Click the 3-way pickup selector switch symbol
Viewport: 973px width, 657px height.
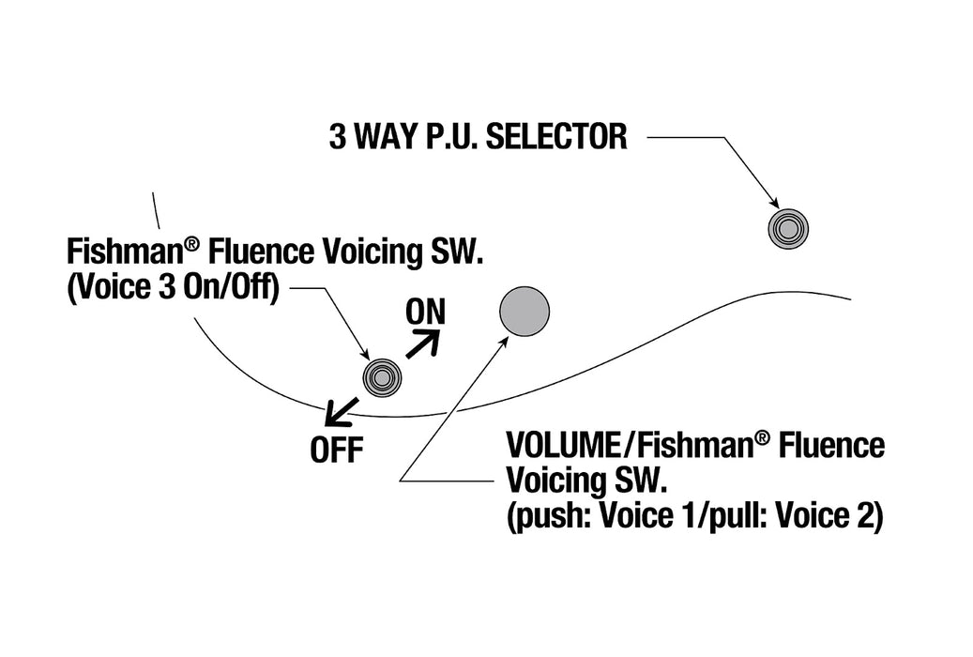[x=788, y=229]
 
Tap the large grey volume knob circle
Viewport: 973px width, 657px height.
[x=525, y=311]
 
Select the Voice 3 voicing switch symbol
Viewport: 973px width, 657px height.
[x=382, y=377]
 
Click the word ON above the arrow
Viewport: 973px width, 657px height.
[x=425, y=313]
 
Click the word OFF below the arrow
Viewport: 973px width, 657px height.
[x=336, y=451]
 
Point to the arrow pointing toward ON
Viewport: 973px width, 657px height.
[x=423, y=344]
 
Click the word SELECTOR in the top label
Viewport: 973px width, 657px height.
[x=556, y=137]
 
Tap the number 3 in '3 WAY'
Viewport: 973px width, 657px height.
[x=337, y=137]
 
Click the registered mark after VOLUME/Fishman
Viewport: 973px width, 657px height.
[x=763, y=437]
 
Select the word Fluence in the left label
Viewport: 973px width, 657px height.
[x=261, y=252]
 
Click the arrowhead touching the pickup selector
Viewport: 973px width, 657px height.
[x=774, y=203]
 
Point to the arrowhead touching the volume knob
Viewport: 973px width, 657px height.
[x=504, y=342]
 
